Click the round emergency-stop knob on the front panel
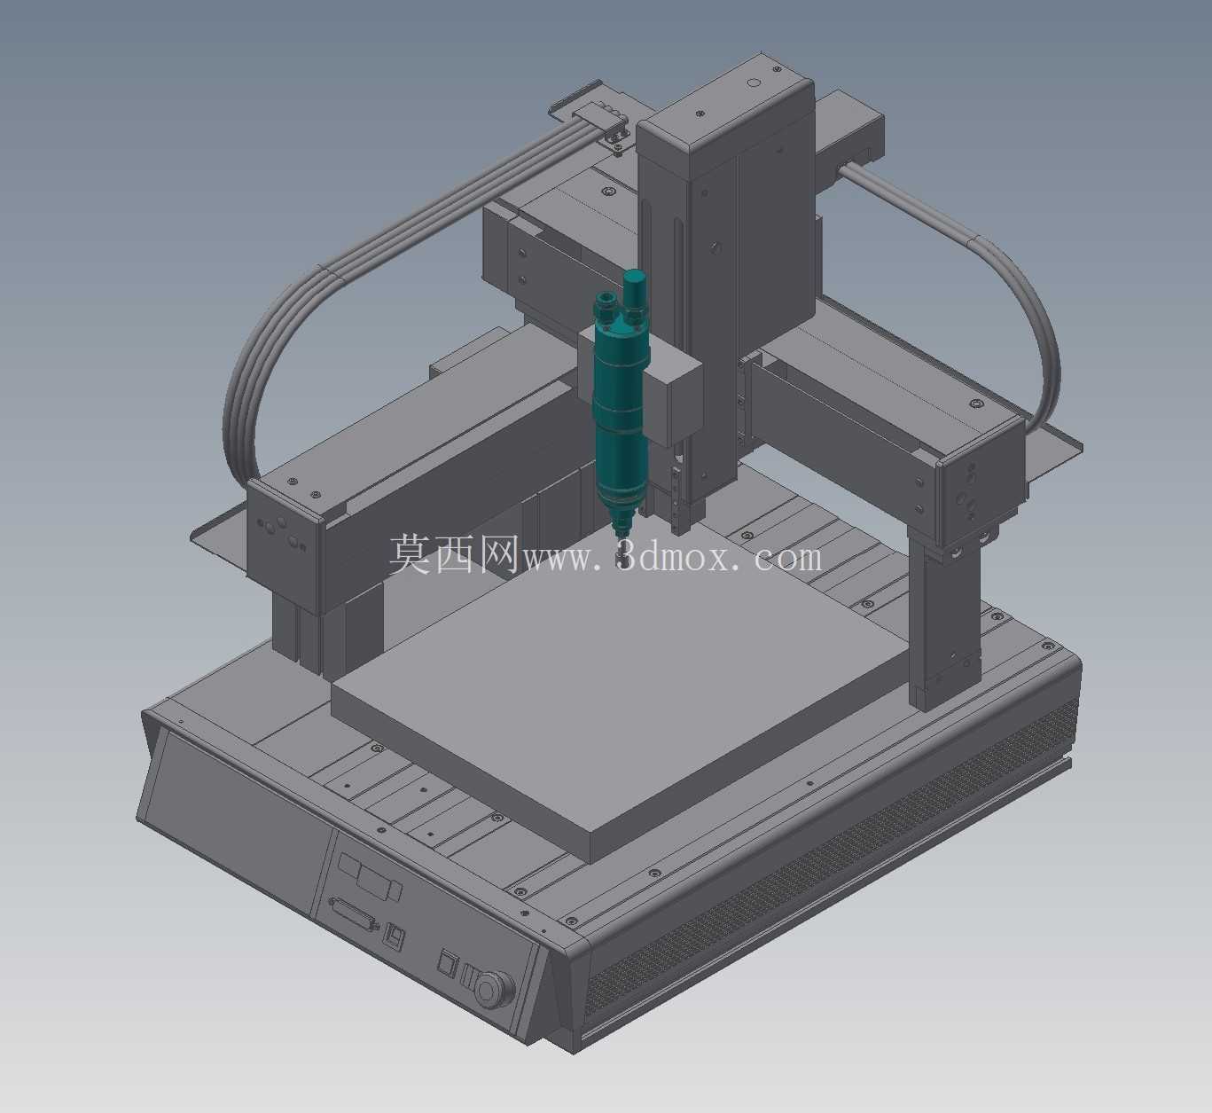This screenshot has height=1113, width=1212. (494, 989)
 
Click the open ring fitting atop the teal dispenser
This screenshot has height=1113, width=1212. (605, 299)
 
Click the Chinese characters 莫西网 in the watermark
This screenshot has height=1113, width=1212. (454, 553)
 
